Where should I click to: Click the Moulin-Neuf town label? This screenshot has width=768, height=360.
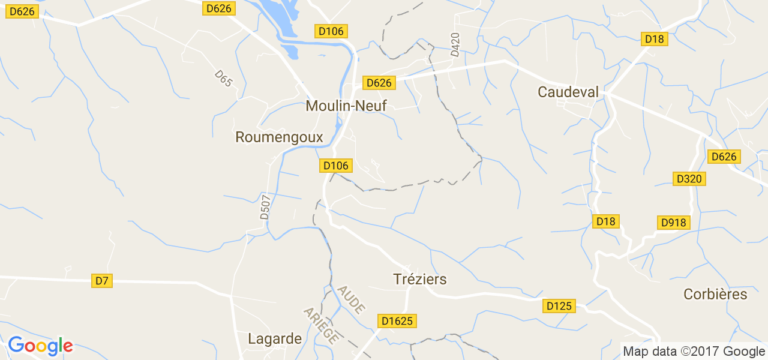(346, 106)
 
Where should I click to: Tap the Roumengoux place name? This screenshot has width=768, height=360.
(279, 137)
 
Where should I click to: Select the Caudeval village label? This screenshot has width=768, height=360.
(568, 92)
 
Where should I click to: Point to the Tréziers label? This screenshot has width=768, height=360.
(420, 279)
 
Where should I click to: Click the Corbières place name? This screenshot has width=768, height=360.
(715, 294)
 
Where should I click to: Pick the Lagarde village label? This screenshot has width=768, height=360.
(275, 338)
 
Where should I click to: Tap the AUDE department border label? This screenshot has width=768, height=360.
(351, 299)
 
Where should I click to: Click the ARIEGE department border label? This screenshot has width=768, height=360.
(320, 325)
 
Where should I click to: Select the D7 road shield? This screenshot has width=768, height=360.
(102, 280)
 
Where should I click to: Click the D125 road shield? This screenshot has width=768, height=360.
(560, 306)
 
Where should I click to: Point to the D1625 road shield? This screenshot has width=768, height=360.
(397, 321)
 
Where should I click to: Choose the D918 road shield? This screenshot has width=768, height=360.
(673, 223)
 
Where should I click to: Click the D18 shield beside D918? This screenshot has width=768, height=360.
(605, 221)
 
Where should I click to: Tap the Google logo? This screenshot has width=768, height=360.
(40, 346)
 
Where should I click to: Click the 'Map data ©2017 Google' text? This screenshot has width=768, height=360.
(694, 351)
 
